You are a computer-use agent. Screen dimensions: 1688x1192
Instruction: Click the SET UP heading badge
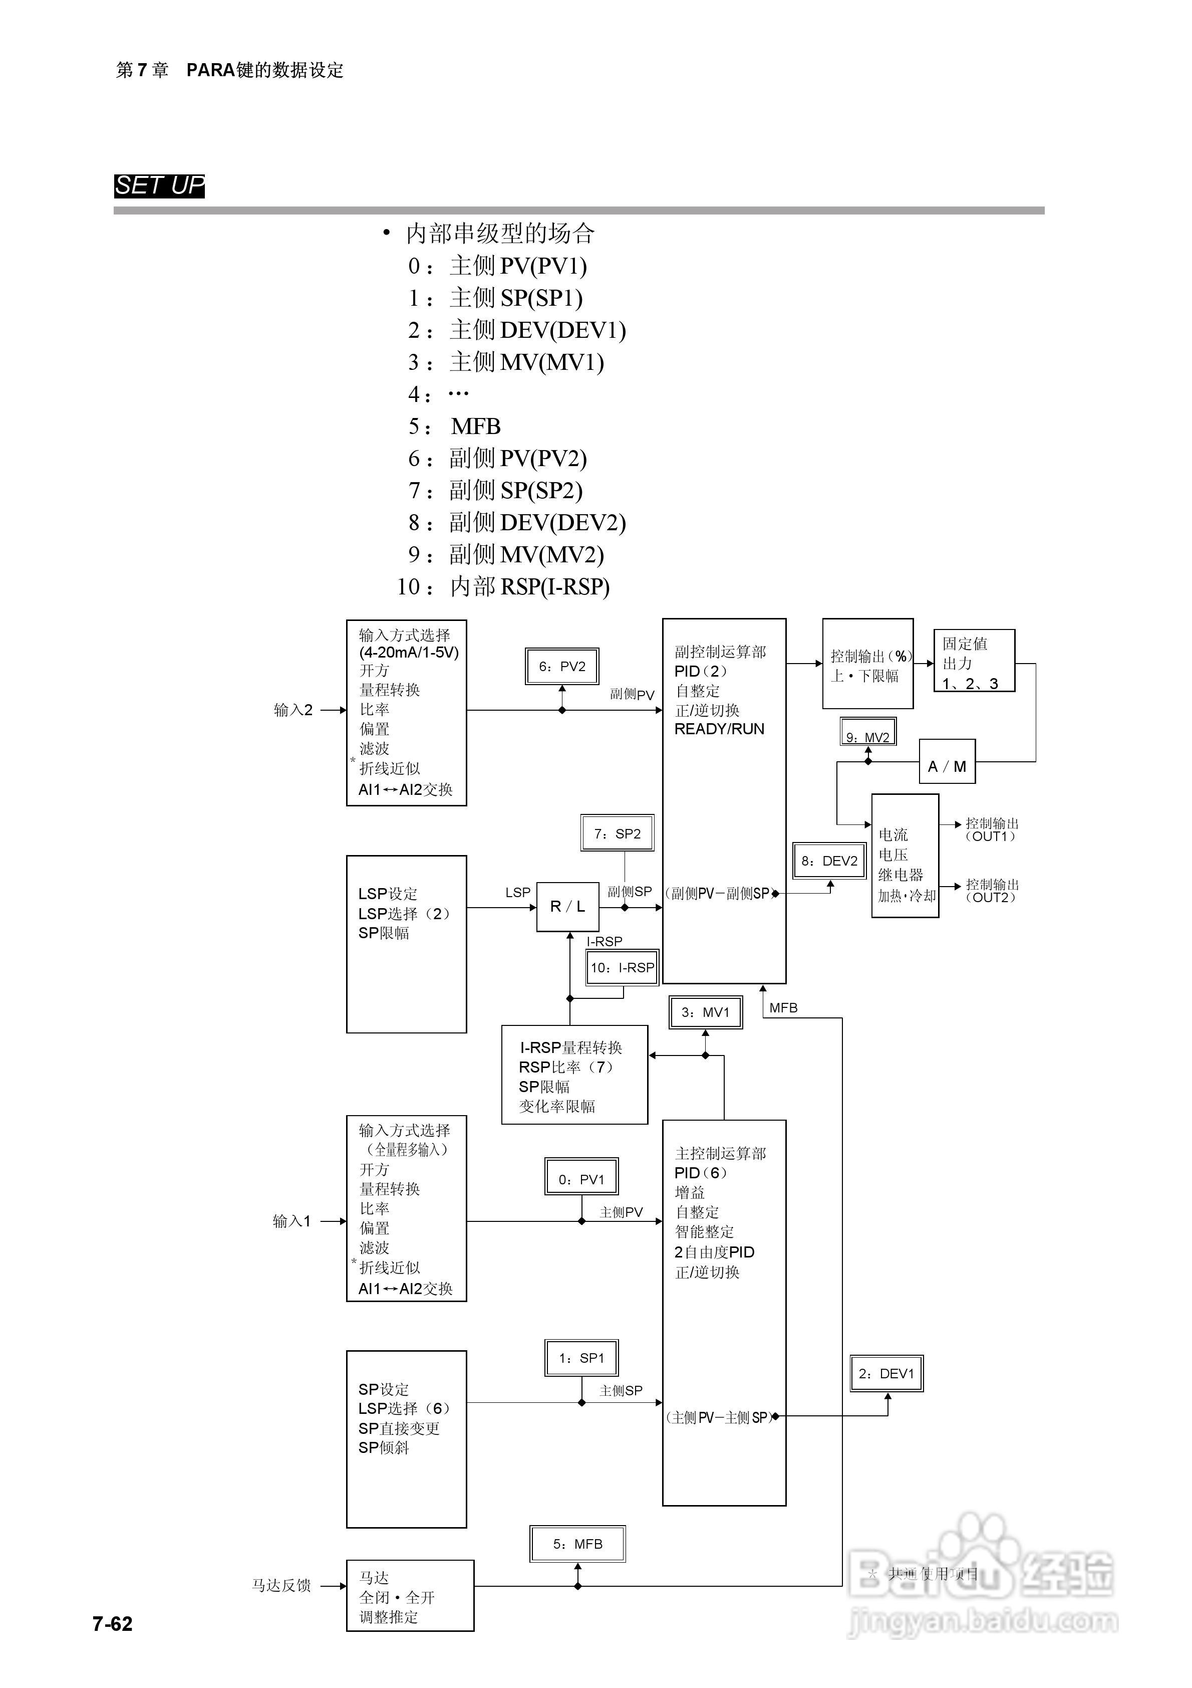(159, 185)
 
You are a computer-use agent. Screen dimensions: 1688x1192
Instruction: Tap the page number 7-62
(113, 1623)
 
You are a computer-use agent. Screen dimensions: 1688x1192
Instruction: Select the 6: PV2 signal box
(562, 666)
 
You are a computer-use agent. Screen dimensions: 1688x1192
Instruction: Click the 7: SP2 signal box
(618, 833)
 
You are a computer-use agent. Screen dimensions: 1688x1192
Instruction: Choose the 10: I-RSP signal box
(622, 967)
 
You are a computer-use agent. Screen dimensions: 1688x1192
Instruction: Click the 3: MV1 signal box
(706, 1012)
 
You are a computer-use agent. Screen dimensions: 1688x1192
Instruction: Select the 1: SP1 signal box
(581, 1358)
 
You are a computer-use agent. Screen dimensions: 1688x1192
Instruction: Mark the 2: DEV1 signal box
(886, 1373)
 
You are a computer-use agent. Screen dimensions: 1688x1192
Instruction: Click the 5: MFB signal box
(577, 1544)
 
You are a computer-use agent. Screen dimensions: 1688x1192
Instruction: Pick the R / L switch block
(568, 907)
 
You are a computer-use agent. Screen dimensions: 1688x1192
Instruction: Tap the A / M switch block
(947, 766)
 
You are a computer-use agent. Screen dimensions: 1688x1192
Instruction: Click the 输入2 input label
(293, 710)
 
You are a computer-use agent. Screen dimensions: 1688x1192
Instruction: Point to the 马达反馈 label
(281, 1586)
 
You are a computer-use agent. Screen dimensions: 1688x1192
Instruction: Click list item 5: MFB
(456, 427)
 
